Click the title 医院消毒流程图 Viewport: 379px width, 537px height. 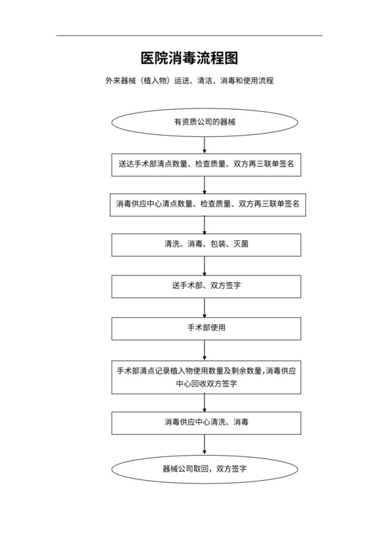point(189,58)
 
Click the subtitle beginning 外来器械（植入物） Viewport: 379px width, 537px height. point(189,80)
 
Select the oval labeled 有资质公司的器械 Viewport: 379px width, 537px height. point(204,122)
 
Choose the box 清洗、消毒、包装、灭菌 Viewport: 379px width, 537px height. point(206,245)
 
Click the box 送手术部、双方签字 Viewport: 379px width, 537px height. point(206,285)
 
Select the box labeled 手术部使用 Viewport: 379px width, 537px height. point(206,327)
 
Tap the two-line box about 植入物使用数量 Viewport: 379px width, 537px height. point(206,376)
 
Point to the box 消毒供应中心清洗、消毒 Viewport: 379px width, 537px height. point(206,422)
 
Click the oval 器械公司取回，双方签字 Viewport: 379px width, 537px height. point(204,468)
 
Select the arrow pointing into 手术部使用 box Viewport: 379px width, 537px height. point(204,307)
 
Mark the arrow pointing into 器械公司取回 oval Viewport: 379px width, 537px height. point(204,445)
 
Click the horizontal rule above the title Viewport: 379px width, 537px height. point(189,35)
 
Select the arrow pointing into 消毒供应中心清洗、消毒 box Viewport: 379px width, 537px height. point(204,402)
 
